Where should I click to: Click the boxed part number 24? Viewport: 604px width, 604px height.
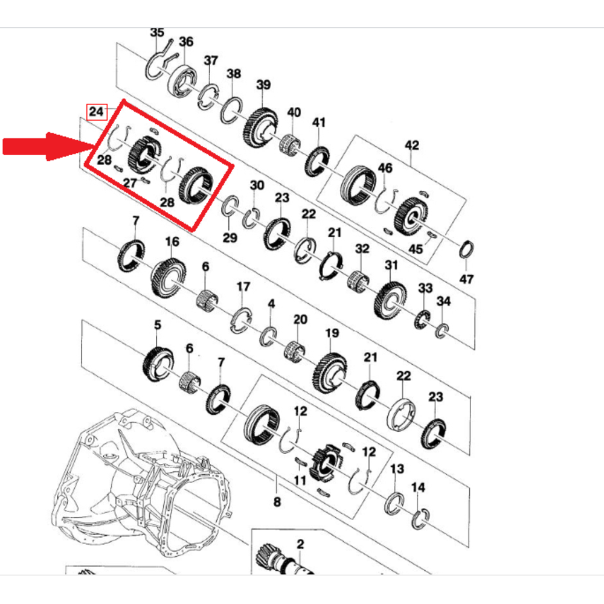(x=96, y=112)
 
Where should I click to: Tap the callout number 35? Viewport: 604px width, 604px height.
(x=157, y=33)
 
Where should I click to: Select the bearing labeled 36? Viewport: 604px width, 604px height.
(x=182, y=80)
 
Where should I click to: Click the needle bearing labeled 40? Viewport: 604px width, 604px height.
(x=290, y=144)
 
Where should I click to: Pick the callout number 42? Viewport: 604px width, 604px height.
(x=411, y=145)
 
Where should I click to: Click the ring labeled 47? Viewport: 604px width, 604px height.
(x=466, y=249)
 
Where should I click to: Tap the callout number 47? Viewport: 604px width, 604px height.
(x=466, y=278)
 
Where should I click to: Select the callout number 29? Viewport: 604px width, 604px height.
(x=230, y=237)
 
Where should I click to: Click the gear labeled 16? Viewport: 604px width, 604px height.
(x=169, y=277)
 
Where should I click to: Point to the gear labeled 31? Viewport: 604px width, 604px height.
(x=390, y=300)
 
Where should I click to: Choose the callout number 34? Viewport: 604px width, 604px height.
(x=443, y=301)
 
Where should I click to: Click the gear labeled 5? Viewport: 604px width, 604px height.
(x=158, y=364)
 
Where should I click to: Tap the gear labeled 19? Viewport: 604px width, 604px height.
(x=330, y=373)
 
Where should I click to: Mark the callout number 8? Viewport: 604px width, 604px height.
(x=277, y=501)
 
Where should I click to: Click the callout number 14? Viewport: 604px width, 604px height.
(x=418, y=487)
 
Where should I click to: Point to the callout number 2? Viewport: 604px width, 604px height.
(x=300, y=544)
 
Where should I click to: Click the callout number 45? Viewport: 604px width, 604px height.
(x=416, y=249)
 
